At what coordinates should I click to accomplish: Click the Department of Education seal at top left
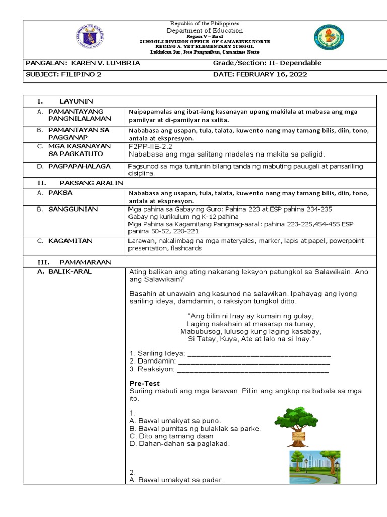92,37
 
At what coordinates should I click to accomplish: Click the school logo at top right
330,38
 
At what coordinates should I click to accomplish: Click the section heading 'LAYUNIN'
76,101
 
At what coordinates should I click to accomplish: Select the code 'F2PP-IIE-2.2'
151,146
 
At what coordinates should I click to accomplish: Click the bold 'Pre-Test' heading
144,383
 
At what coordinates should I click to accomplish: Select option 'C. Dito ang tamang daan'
171,436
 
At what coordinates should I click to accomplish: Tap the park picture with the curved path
314,467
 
